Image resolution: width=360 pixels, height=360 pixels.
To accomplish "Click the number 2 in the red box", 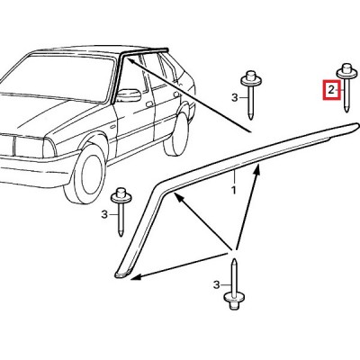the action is [331, 90].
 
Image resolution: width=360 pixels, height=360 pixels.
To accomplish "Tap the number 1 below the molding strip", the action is [234, 190].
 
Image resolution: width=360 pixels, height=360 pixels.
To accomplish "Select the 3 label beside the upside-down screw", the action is [217, 284].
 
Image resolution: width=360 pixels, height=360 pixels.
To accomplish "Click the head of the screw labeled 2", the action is [346, 70].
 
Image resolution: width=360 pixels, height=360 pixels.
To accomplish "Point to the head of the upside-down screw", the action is [234, 301].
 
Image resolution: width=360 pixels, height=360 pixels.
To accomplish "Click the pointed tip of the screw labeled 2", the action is [346, 111].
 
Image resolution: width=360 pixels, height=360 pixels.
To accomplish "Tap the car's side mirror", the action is [129, 95].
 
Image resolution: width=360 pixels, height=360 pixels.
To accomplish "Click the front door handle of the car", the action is [149, 104].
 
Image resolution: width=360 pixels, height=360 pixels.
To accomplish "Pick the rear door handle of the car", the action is [177, 94].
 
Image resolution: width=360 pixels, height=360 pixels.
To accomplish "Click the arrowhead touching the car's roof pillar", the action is [130, 61].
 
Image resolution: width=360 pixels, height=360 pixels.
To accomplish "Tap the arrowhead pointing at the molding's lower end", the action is [136, 276].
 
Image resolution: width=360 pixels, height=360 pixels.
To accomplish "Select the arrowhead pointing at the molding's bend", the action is [177, 197].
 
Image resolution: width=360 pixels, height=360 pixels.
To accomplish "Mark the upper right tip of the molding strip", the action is [357, 125].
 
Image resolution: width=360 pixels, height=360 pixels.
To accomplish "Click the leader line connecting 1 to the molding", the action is [234, 176].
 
